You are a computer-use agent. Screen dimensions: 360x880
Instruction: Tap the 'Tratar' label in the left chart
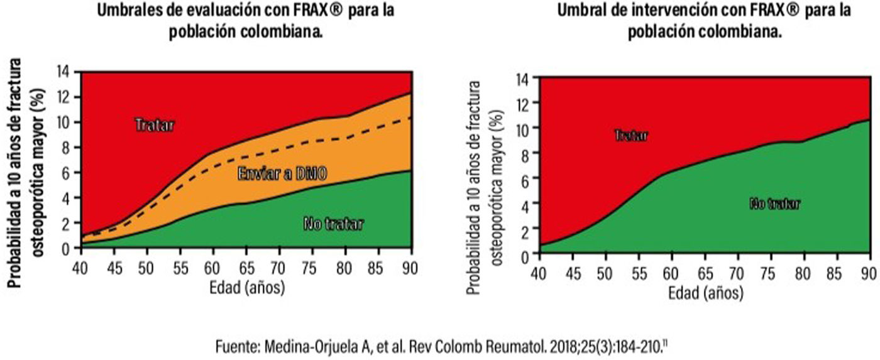tap(154, 124)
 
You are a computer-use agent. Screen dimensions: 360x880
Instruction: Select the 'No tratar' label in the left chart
tap(333, 223)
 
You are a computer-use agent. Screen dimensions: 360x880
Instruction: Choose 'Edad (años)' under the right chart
tap(705, 293)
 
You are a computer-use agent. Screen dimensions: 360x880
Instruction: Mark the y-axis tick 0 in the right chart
tap(525, 253)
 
